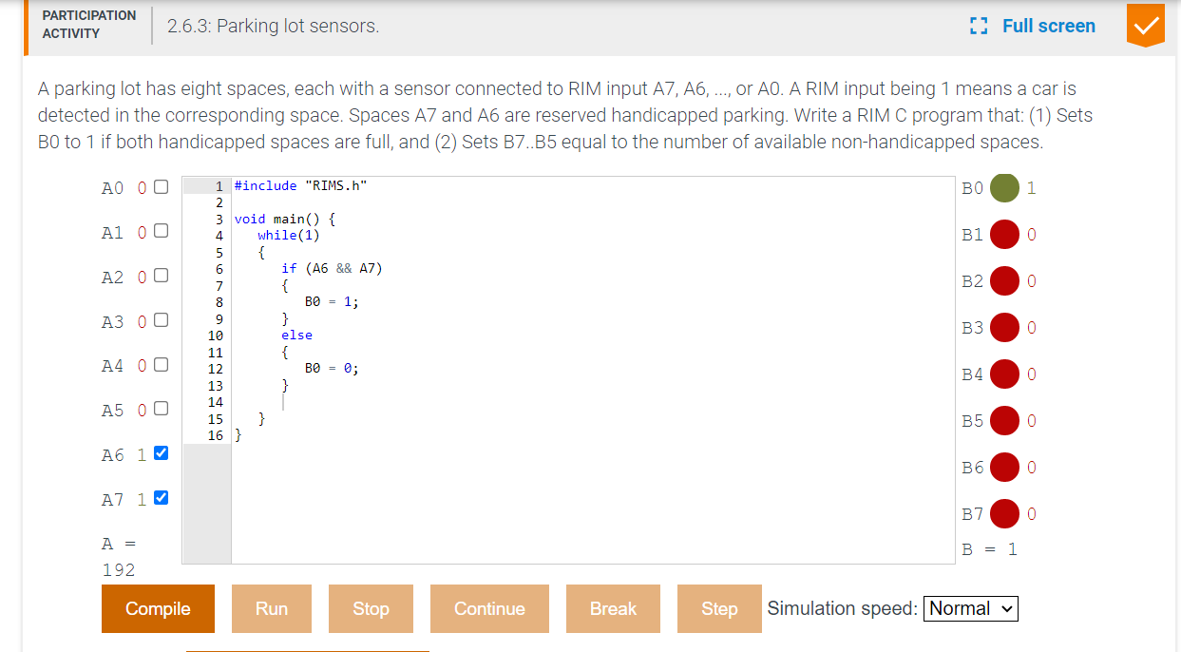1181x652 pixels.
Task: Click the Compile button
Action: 158,608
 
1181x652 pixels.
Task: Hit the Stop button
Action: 371,608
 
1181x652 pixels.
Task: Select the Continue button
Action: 489,608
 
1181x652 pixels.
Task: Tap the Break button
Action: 613,608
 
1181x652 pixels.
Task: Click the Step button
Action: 718,608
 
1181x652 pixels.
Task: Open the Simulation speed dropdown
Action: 970,608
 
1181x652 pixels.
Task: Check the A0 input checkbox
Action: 161,186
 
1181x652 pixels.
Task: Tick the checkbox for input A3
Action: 161,321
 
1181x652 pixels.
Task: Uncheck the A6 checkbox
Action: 161,453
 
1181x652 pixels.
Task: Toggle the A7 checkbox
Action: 161,497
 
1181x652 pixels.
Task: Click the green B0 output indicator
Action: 1004,187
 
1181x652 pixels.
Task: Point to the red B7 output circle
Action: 1004,514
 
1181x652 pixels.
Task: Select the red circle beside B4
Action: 1004,374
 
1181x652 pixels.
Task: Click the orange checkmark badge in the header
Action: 1145,26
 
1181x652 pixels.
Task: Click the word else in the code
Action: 296,335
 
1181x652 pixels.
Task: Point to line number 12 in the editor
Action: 216,369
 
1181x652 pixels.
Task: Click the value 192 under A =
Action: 119,570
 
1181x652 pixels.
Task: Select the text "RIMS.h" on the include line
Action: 337,185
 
